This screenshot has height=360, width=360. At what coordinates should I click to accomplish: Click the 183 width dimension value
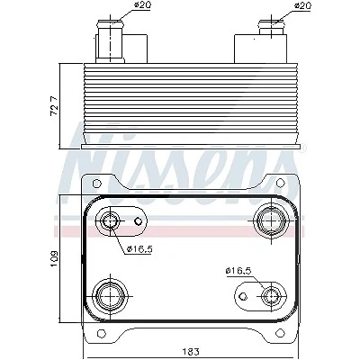(191, 351)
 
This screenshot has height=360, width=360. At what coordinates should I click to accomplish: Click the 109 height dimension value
(54, 258)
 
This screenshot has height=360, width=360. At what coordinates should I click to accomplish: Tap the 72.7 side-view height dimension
(54, 105)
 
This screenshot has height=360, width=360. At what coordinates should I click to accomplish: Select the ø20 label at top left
(142, 5)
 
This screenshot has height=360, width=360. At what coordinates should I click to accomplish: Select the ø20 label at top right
(302, 5)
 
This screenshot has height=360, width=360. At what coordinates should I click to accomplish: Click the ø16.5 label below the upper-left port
(140, 248)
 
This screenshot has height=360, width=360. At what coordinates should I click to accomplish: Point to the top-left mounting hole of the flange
(96, 183)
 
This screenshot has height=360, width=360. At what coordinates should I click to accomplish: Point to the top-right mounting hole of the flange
(280, 183)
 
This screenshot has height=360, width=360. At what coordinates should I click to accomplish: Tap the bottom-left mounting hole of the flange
(102, 333)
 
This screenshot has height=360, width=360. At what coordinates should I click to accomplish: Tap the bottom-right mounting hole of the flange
(280, 333)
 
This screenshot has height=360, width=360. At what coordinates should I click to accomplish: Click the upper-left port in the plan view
(111, 221)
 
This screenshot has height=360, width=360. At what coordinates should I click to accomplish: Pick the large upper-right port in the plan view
(272, 221)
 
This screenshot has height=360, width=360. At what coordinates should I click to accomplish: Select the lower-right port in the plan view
(271, 296)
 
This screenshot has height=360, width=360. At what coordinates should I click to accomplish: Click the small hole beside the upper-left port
(138, 221)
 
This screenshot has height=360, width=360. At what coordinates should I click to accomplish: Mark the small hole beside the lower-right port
(244, 296)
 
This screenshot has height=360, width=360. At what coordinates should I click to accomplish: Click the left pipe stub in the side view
(111, 41)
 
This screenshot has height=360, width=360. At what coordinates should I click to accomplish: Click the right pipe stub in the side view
(272, 28)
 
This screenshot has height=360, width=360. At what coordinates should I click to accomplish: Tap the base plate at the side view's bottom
(191, 147)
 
